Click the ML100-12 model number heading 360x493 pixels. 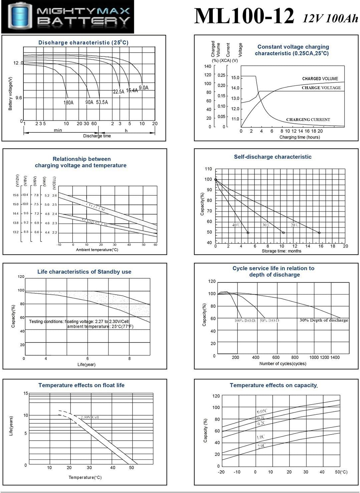(244, 16)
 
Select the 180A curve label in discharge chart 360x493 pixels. (68, 103)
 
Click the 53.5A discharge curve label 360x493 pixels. (102, 102)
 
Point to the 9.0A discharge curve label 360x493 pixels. (144, 88)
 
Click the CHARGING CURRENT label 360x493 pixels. (308, 119)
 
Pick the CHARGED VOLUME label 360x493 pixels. (320, 79)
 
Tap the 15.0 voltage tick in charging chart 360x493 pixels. (235, 78)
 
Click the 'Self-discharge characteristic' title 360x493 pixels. (272, 157)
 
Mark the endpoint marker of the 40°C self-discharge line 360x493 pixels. (248, 233)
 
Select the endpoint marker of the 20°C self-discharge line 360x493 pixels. (319, 233)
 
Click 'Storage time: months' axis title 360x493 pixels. (281, 251)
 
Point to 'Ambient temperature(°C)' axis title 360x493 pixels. (97, 250)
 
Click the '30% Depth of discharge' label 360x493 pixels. (324, 320)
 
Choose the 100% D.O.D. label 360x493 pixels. (245, 320)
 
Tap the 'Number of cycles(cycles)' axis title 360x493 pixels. (283, 364)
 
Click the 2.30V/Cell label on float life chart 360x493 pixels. (90, 417)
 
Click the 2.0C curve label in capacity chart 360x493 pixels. (261, 446)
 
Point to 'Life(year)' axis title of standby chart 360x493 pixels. (86, 365)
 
